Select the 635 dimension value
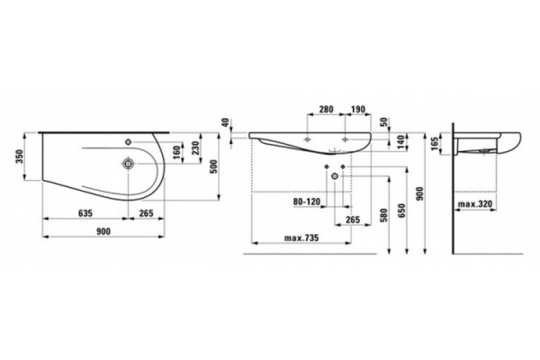click(85, 213)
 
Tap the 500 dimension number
click(214, 166)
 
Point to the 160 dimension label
click(176, 153)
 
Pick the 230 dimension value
click(195, 148)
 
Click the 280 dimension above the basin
click(326, 110)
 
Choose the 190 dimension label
click(358, 110)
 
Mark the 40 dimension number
click(225, 122)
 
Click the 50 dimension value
click(384, 122)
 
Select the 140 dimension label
click(400, 141)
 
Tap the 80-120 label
click(307, 202)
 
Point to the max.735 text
click(301, 238)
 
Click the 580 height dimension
click(384, 215)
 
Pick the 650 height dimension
click(402, 211)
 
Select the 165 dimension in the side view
click(435, 144)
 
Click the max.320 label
click(475, 204)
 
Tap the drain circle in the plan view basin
click(129, 164)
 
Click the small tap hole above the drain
click(129, 141)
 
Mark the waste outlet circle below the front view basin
click(335, 176)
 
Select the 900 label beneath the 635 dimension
click(103, 231)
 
